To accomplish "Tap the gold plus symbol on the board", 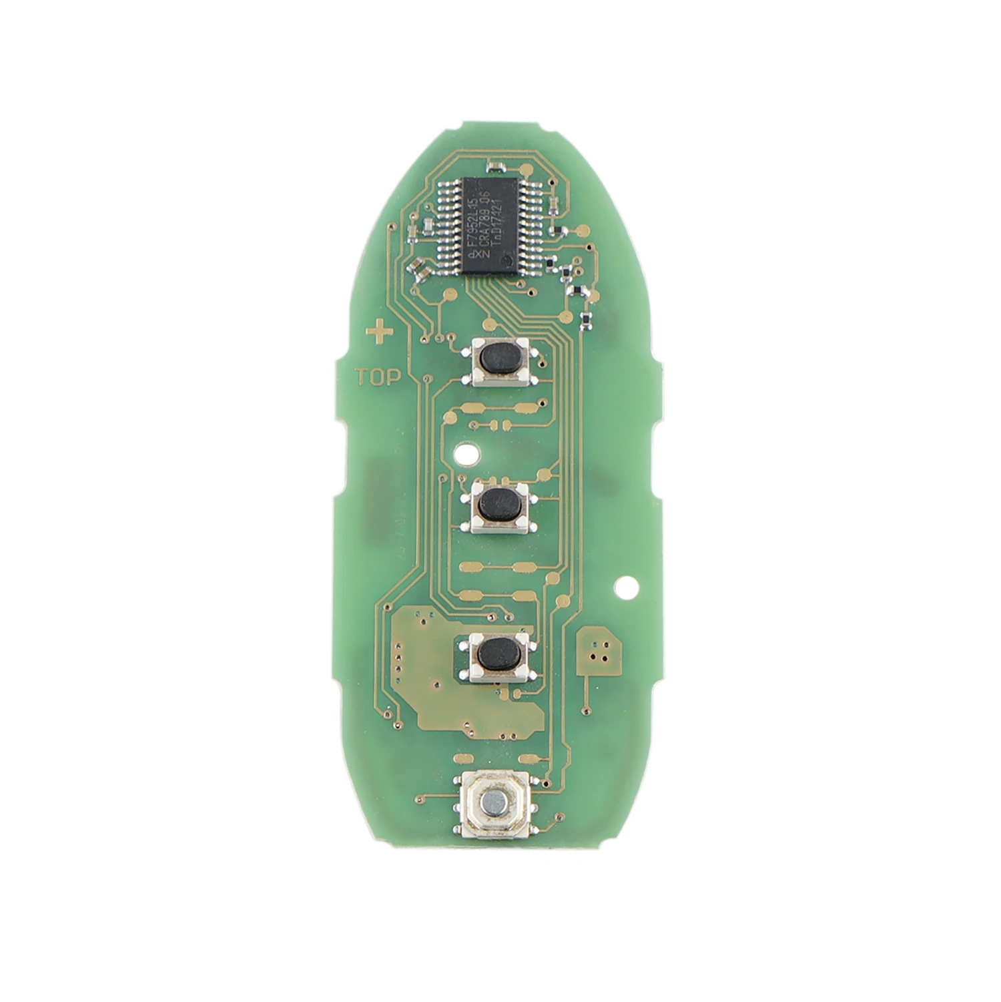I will [x=379, y=332].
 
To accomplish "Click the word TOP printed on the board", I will [x=378, y=377].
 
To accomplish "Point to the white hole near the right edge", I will [x=625, y=588].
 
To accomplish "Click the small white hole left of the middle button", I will [x=461, y=454].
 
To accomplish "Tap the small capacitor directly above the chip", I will [x=496, y=164].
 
